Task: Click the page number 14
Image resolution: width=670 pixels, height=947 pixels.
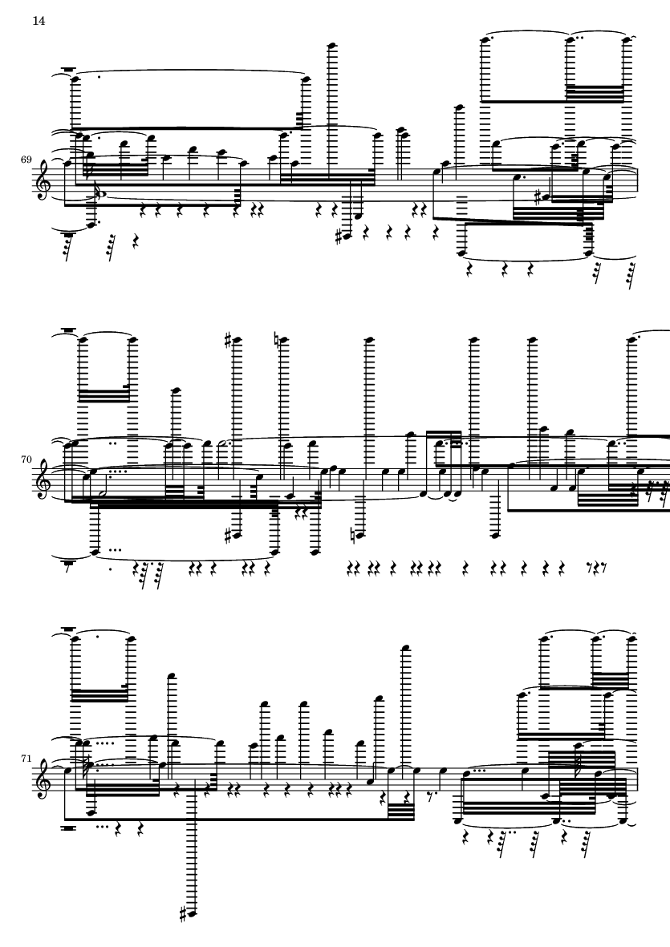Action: click(x=39, y=21)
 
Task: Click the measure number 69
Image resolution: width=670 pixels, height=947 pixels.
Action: click(x=26, y=160)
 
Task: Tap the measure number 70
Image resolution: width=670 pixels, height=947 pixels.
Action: click(x=26, y=459)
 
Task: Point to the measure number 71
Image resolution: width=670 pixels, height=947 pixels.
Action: click(x=26, y=758)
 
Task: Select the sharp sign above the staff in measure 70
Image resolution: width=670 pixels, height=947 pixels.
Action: click(x=227, y=341)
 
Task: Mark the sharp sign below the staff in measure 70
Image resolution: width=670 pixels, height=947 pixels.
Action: click(x=227, y=535)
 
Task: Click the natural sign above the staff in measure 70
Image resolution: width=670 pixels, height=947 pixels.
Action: click(x=277, y=341)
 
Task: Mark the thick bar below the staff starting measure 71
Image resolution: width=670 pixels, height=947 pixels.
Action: click(x=71, y=828)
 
